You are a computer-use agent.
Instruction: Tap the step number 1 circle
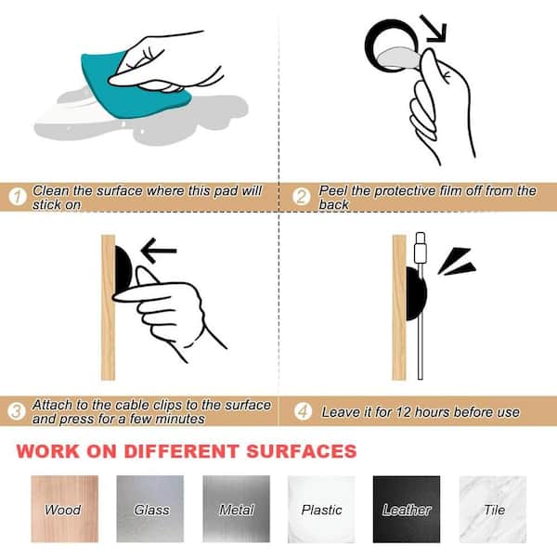pyautogui.click(x=18, y=197)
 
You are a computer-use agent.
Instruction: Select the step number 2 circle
pyautogui.click(x=301, y=197)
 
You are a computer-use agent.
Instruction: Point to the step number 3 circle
pyautogui.click(x=17, y=411)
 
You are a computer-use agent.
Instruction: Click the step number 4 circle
pyautogui.click(x=303, y=411)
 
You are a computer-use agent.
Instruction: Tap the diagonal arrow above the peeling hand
pyautogui.click(x=433, y=29)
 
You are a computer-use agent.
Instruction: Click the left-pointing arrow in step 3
pyautogui.click(x=159, y=251)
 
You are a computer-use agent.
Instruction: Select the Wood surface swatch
pyautogui.click(x=65, y=509)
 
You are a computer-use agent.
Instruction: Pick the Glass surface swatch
pyautogui.click(x=150, y=509)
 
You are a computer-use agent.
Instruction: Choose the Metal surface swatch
pyautogui.click(x=236, y=509)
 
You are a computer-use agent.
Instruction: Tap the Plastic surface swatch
pyautogui.click(x=321, y=509)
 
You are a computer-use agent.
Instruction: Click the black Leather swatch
pyautogui.click(x=407, y=509)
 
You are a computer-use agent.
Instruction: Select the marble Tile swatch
pyautogui.click(x=493, y=509)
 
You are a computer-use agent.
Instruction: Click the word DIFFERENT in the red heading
pyautogui.click(x=181, y=451)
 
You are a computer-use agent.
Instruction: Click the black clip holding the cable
pyautogui.click(x=416, y=293)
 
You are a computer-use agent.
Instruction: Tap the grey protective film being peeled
pyautogui.click(x=399, y=58)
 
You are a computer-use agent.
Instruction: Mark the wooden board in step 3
pyautogui.click(x=108, y=307)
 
